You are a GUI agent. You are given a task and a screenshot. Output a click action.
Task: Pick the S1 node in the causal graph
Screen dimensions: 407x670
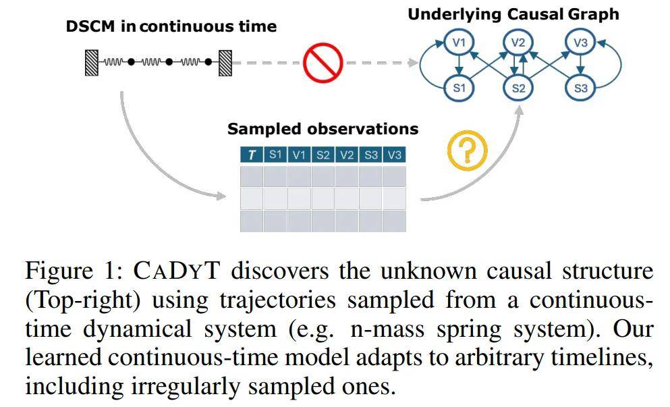459,88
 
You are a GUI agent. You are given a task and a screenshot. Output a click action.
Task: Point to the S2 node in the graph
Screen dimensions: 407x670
518,88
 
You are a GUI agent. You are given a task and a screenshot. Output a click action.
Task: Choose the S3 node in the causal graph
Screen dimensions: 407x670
580,88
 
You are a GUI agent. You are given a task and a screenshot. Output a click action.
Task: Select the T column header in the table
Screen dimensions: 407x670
252,155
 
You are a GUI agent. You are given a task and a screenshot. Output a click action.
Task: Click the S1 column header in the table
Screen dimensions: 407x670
275,155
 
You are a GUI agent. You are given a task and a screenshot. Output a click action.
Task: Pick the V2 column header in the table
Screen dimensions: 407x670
347,155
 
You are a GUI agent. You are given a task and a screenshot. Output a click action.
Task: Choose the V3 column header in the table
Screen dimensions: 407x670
394,155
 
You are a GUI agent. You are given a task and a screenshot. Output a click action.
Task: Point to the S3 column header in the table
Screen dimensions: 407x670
370,155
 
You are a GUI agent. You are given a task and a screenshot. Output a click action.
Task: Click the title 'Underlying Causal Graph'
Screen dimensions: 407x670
513,13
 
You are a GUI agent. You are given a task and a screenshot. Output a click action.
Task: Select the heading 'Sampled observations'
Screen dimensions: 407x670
323,128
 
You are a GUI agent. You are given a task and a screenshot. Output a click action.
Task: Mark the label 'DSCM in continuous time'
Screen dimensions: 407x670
171,27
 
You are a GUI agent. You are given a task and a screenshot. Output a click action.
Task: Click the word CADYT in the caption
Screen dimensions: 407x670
173,272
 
